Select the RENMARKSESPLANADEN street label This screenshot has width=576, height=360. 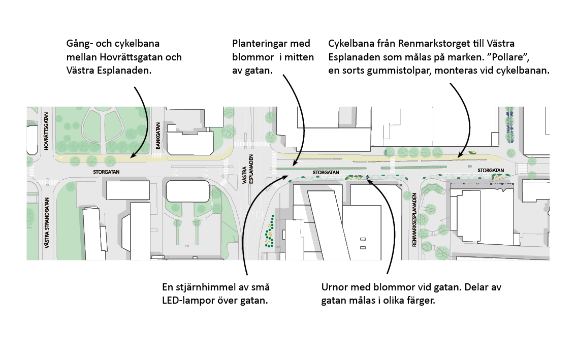tap(414, 220)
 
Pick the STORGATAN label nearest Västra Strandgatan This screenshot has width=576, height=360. tap(106, 172)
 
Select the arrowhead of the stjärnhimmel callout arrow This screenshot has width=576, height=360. tap(280, 174)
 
